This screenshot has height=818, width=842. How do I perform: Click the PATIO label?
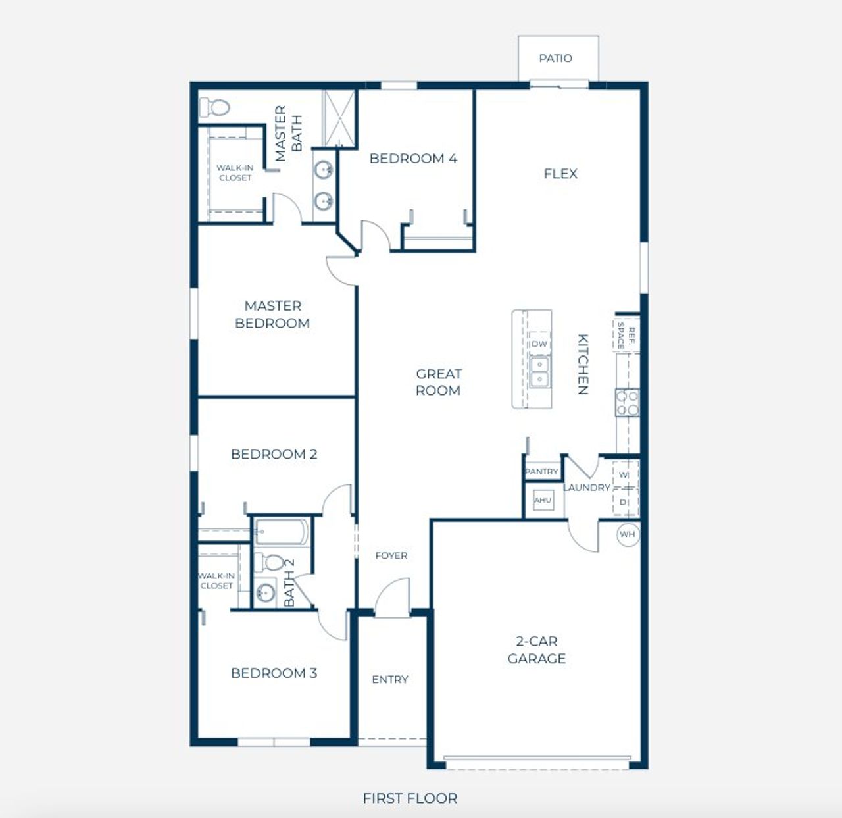point(556,58)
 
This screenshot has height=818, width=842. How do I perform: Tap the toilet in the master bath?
point(214,107)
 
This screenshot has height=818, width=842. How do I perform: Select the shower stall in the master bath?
point(339,118)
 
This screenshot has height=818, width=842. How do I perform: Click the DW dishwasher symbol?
point(539,344)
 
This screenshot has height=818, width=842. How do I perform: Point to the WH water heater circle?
point(628,534)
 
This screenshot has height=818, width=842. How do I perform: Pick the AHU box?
point(543,500)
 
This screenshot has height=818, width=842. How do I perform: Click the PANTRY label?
point(541,471)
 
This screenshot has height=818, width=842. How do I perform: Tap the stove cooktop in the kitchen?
point(627,403)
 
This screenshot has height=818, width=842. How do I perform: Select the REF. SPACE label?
point(626,335)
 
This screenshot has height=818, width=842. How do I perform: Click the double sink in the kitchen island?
point(539,372)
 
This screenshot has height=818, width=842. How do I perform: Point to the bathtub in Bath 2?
point(282,532)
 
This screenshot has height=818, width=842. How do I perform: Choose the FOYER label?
point(391,555)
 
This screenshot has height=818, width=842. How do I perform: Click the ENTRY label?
point(390,680)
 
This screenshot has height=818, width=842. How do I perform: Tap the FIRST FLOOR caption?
point(410,798)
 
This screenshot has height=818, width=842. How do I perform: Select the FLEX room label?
point(560,174)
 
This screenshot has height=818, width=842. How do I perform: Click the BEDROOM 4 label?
point(413,159)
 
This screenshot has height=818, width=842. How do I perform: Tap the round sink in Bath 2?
point(265,592)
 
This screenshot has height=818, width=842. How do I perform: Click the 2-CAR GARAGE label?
point(537,650)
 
